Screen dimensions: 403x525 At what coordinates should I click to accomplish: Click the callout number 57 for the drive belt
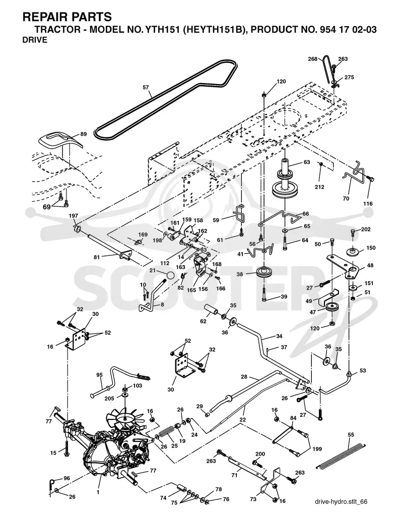[146, 87]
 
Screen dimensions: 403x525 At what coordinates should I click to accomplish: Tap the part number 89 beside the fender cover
[84, 134]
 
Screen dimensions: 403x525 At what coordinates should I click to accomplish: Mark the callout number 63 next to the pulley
[307, 162]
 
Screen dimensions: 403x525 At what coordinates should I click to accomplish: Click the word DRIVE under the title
[35, 40]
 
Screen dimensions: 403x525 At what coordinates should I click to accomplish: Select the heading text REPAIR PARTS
[67, 17]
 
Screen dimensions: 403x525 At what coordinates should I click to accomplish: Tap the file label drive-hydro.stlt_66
[342, 501]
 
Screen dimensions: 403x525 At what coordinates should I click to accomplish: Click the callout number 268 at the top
[313, 59]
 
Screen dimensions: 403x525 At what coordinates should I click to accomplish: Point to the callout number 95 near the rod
[99, 375]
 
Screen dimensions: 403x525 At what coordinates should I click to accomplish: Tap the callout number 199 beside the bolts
[317, 449]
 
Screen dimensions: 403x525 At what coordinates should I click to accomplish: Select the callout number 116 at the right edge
[368, 204]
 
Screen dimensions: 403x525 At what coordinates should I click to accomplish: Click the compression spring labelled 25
[167, 431]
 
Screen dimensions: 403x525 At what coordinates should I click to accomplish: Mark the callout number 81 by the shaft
[97, 257]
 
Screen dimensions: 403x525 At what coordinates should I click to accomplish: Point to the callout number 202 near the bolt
[366, 230]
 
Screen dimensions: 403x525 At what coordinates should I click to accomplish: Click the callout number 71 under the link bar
[235, 475]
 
